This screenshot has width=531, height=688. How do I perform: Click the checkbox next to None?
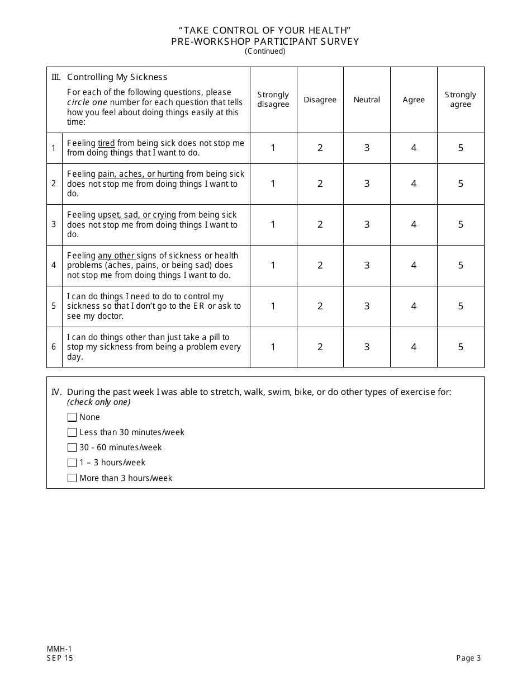72,417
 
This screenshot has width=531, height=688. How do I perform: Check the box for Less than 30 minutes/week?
72,432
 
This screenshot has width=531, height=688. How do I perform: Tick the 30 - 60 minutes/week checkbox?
72,447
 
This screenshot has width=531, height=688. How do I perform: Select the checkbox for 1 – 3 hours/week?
72,463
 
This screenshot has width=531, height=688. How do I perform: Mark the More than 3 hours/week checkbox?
72,478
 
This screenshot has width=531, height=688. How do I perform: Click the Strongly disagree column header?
273,100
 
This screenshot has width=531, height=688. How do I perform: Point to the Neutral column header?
367,100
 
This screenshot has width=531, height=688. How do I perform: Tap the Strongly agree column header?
461,100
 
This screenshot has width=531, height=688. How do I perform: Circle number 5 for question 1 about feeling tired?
461,148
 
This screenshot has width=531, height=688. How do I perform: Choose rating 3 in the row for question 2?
367,183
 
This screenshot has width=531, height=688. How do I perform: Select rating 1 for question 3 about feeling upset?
273,224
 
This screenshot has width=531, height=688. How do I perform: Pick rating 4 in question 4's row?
414,265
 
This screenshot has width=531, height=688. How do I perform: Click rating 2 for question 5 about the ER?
320,306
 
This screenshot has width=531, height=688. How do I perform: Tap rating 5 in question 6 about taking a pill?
461,347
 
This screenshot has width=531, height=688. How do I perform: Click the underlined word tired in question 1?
106,143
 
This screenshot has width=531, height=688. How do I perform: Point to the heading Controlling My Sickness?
117,77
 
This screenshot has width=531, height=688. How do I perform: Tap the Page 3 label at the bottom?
468,658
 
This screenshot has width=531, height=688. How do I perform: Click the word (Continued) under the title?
265,51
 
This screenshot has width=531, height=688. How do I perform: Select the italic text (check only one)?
98,402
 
